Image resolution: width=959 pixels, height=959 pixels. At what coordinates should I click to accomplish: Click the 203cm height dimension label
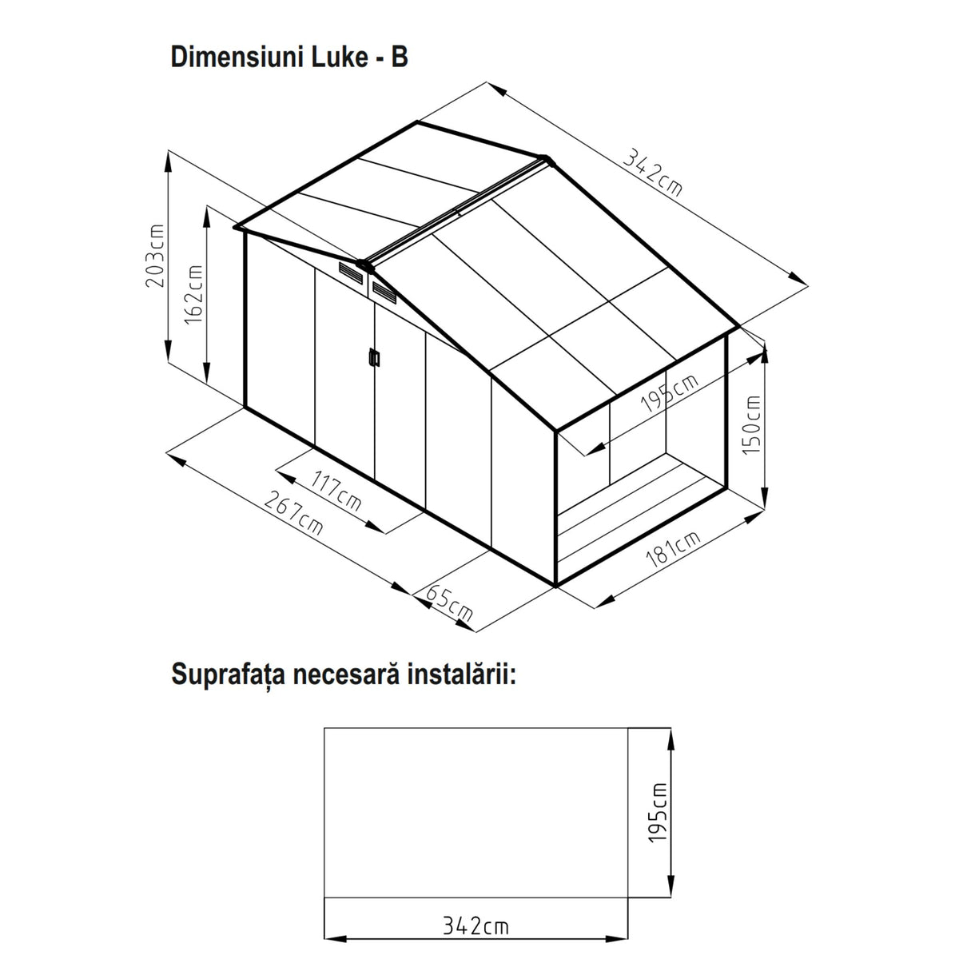155,255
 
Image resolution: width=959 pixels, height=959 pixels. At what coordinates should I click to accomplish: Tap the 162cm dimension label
194,295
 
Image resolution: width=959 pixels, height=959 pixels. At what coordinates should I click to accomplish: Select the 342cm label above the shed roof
652,172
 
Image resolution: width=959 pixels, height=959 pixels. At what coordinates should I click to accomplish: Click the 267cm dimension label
293,512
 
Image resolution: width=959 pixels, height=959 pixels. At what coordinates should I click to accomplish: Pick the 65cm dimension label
449,604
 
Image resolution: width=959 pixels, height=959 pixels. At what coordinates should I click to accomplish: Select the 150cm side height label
751,424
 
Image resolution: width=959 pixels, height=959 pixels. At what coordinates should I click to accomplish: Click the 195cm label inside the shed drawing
670,393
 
